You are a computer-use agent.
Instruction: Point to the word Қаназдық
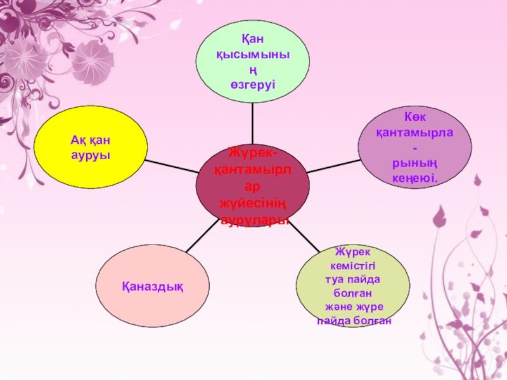[153, 288]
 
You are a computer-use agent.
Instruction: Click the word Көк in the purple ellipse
[416, 118]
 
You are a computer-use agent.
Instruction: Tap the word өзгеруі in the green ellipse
[253, 84]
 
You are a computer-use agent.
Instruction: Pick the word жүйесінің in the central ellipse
[253, 203]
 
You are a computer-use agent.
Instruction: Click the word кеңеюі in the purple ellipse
[415, 179]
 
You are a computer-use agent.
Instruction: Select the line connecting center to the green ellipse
[253, 123]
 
